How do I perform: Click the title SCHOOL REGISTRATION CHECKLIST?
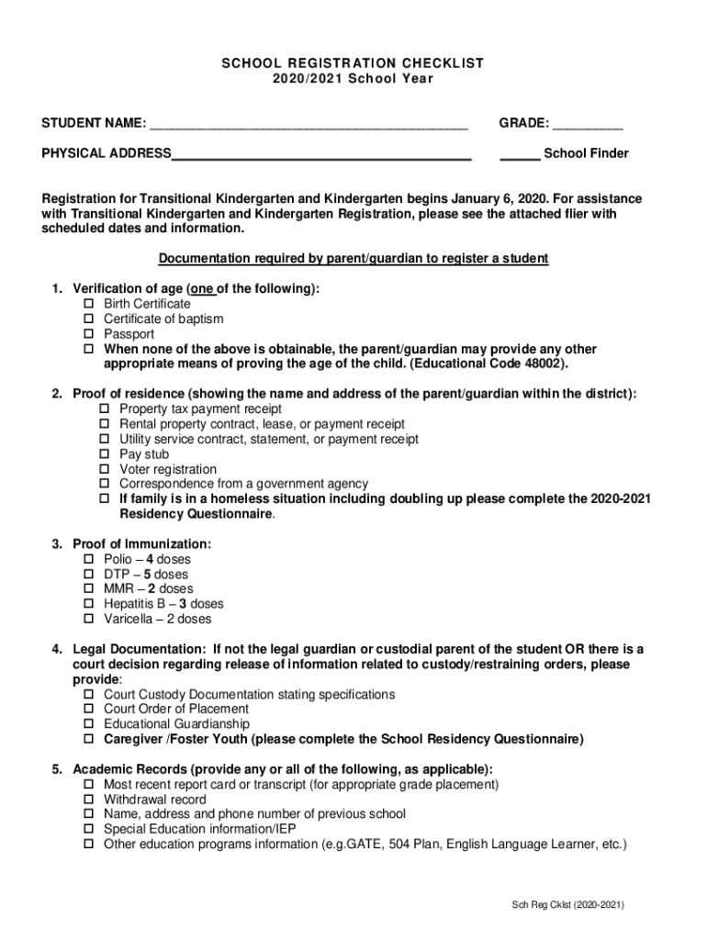click(x=353, y=62)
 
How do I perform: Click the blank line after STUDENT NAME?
click(x=309, y=125)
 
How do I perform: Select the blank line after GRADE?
click(x=588, y=125)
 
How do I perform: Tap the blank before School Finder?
click(x=519, y=155)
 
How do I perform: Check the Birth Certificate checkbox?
click(x=89, y=304)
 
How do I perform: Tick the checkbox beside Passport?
click(x=89, y=334)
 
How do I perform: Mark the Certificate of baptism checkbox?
click(x=89, y=319)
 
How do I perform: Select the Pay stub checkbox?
click(x=105, y=454)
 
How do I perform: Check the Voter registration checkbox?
click(x=105, y=469)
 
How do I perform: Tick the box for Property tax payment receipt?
click(x=105, y=409)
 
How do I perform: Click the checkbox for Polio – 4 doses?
click(x=89, y=559)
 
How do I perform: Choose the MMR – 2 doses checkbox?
click(x=89, y=589)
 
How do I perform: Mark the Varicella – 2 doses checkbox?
click(x=89, y=619)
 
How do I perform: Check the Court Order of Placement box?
click(x=89, y=709)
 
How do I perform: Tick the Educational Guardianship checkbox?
click(x=89, y=724)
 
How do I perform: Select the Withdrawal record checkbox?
click(x=89, y=800)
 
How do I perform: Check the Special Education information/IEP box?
click(x=89, y=829)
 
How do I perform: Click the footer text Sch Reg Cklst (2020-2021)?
click(x=568, y=904)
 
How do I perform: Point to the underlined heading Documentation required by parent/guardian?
click(x=353, y=259)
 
